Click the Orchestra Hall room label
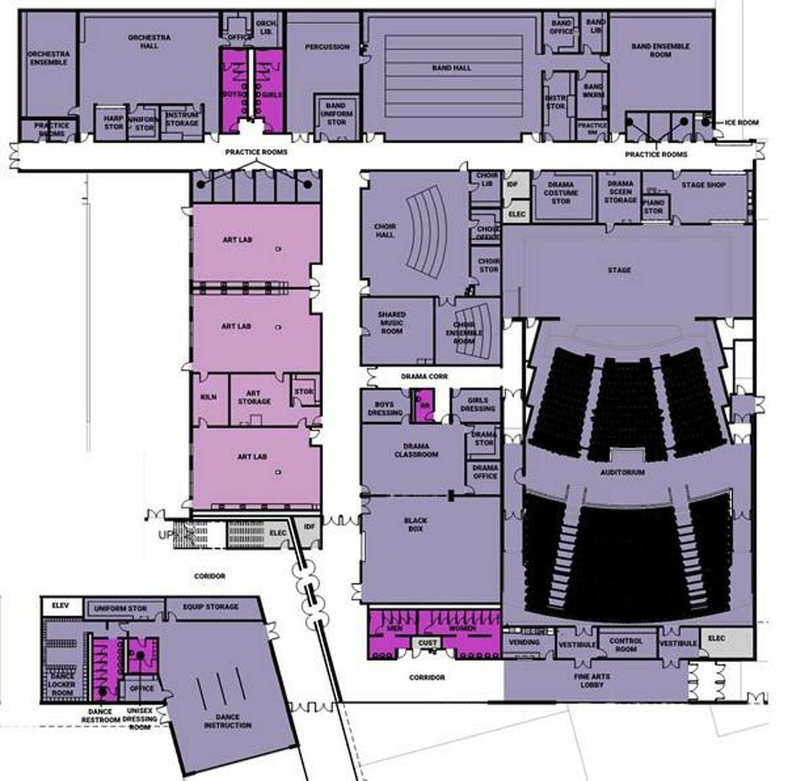[149, 42]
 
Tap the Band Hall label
[451, 68]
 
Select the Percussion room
[327, 47]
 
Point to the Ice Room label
[742, 123]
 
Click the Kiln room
[209, 398]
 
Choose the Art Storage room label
[253, 398]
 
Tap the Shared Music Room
[392, 323]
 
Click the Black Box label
[415, 525]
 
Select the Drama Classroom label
[416, 450]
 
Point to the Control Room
[626, 645]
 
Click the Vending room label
[524, 642]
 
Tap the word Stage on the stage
[619, 270]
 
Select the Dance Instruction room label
[227, 721]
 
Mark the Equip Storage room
[210, 606]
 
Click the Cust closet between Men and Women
[427, 644]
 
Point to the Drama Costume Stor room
[561, 192]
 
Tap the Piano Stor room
[653, 206]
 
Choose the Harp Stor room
[113, 123]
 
